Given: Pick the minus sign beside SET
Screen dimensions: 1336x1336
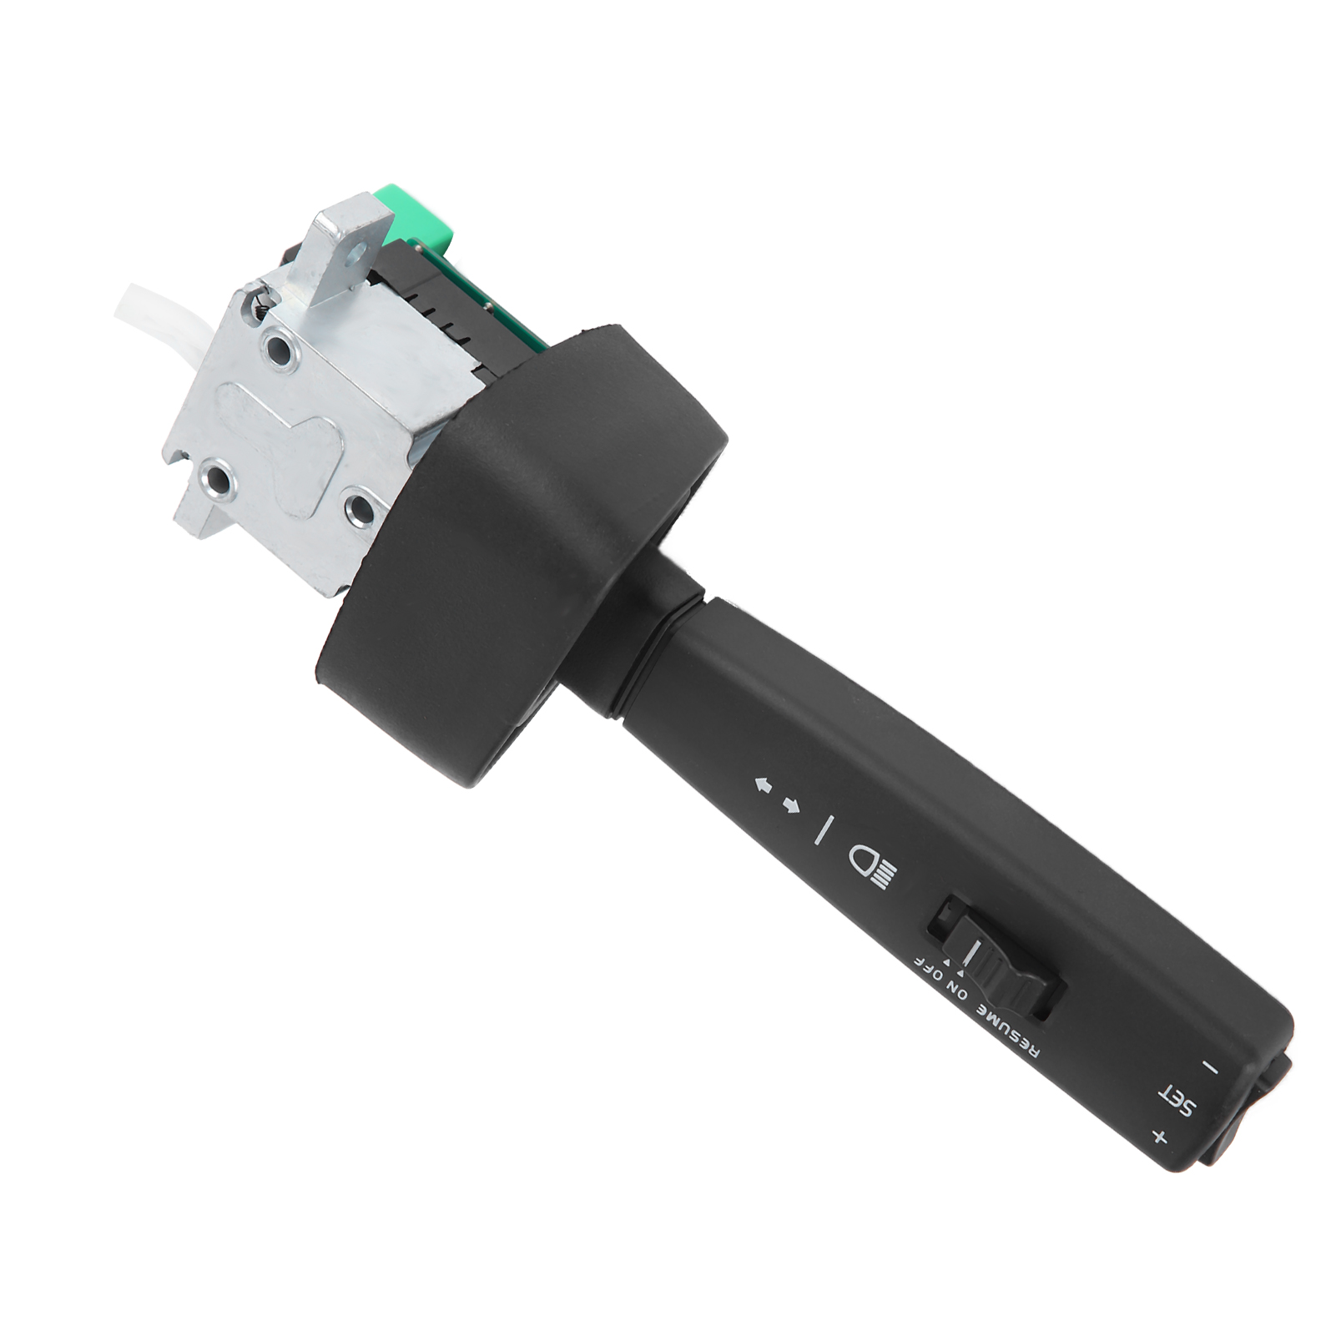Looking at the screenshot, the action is click(x=1210, y=1067).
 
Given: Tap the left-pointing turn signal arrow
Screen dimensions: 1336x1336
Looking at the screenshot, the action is click(x=763, y=784).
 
